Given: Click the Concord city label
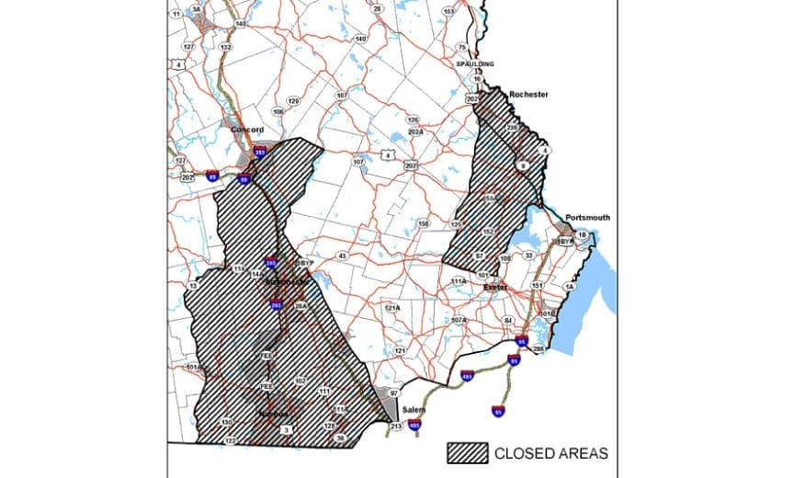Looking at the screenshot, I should coord(247,130).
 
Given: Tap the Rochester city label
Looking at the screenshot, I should coord(528,95).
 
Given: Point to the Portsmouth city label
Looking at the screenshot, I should coord(588,217).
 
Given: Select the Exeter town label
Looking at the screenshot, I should coord(497,288).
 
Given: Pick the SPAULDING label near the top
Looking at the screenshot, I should coord(475,63).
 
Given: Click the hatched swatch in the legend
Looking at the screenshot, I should coord(467,452).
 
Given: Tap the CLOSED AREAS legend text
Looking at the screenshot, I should coord(551,453).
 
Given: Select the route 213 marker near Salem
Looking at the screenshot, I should coord(396,427).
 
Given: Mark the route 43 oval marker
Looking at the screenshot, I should coord(342,256).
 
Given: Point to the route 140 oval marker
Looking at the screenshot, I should coord(360,39).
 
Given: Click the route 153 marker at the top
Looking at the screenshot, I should coord(448,12).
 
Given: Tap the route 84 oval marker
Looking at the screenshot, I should coord(507,320).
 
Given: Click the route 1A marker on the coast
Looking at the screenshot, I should coord(569,288).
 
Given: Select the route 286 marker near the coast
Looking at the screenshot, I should coord(539,349).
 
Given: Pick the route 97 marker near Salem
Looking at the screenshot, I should coord(394,393).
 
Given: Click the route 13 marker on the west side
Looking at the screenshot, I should coord(193,286).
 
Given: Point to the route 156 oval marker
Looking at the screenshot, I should coord(424,223).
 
